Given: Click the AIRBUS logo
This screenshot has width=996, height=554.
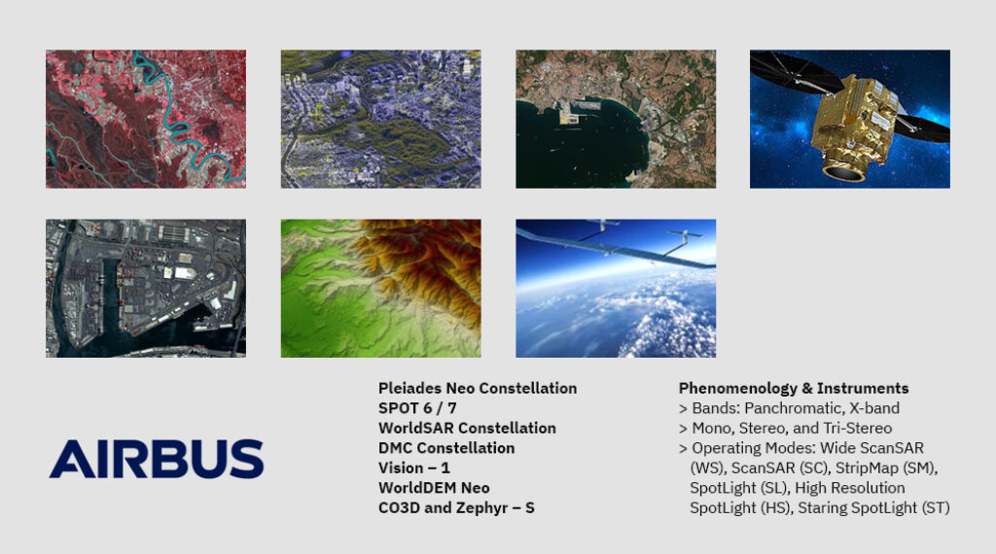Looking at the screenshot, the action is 157,458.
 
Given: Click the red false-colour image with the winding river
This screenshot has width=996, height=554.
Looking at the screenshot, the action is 146,119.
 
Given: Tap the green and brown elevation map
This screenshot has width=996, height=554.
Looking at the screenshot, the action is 380,288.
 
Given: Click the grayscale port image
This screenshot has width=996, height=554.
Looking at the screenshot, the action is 146,288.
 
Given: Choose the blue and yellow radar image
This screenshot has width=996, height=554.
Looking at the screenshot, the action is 380,119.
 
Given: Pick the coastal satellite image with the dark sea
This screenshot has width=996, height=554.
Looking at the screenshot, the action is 616,119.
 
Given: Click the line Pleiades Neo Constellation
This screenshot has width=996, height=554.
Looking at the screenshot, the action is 478,389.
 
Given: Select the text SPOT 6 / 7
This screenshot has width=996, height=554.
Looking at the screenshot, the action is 417,408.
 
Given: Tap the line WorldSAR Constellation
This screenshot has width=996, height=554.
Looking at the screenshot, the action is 467,429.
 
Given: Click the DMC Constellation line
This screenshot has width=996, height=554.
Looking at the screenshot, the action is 446,448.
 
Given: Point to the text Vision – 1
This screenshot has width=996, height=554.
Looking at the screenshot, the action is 414,467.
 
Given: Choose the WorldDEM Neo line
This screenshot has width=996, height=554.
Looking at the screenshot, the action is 434,488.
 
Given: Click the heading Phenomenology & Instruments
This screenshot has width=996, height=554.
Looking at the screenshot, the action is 794,389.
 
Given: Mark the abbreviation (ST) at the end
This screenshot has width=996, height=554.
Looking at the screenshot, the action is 936,508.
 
